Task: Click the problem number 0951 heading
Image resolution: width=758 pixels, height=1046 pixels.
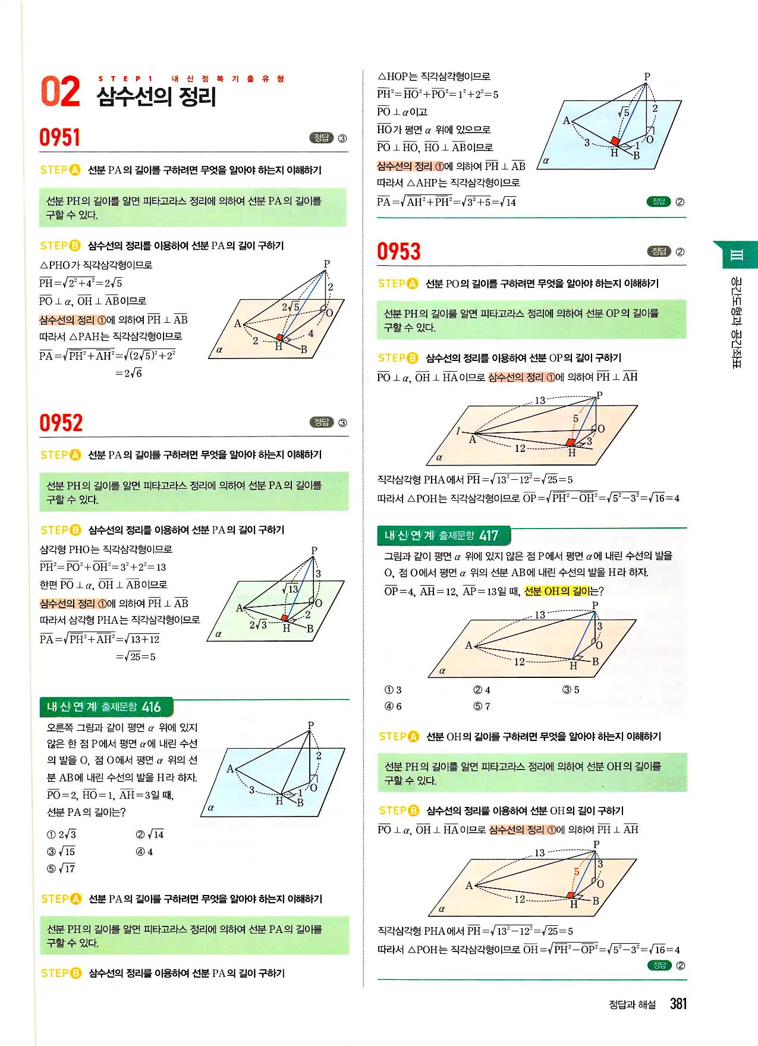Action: (x=60, y=137)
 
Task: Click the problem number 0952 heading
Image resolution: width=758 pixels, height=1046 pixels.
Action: (x=61, y=423)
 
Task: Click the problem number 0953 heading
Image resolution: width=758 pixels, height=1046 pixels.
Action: (x=399, y=252)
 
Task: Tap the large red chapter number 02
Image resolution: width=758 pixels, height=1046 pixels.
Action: (x=60, y=92)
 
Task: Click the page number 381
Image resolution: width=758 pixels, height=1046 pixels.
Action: (x=678, y=1004)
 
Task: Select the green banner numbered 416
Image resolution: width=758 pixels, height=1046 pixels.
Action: (x=106, y=707)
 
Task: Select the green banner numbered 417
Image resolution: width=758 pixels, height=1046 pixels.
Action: (x=443, y=536)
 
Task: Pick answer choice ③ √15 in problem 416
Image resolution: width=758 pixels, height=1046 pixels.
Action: (x=62, y=852)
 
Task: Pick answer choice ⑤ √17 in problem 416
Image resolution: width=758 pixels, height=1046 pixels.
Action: (x=62, y=869)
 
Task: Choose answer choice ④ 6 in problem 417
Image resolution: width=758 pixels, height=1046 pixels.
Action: (x=394, y=706)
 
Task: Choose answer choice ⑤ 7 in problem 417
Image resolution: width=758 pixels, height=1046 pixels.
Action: (x=482, y=706)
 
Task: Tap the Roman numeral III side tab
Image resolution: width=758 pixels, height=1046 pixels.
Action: (x=736, y=256)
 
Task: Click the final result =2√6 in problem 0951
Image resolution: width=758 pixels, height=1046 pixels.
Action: (x=129, y=373)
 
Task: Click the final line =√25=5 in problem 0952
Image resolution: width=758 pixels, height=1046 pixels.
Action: (x=136, y=657)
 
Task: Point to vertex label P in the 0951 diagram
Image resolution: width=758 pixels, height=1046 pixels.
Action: (x=326, y=263)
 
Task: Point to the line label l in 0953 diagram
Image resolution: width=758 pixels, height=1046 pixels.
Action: (x=458, y=431)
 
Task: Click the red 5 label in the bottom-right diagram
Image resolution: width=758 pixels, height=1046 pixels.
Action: (x=576, y=872)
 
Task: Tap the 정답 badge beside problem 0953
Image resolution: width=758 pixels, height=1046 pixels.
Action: (x=659, y=252)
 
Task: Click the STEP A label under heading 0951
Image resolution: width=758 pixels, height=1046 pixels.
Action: (x=60, y=170)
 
